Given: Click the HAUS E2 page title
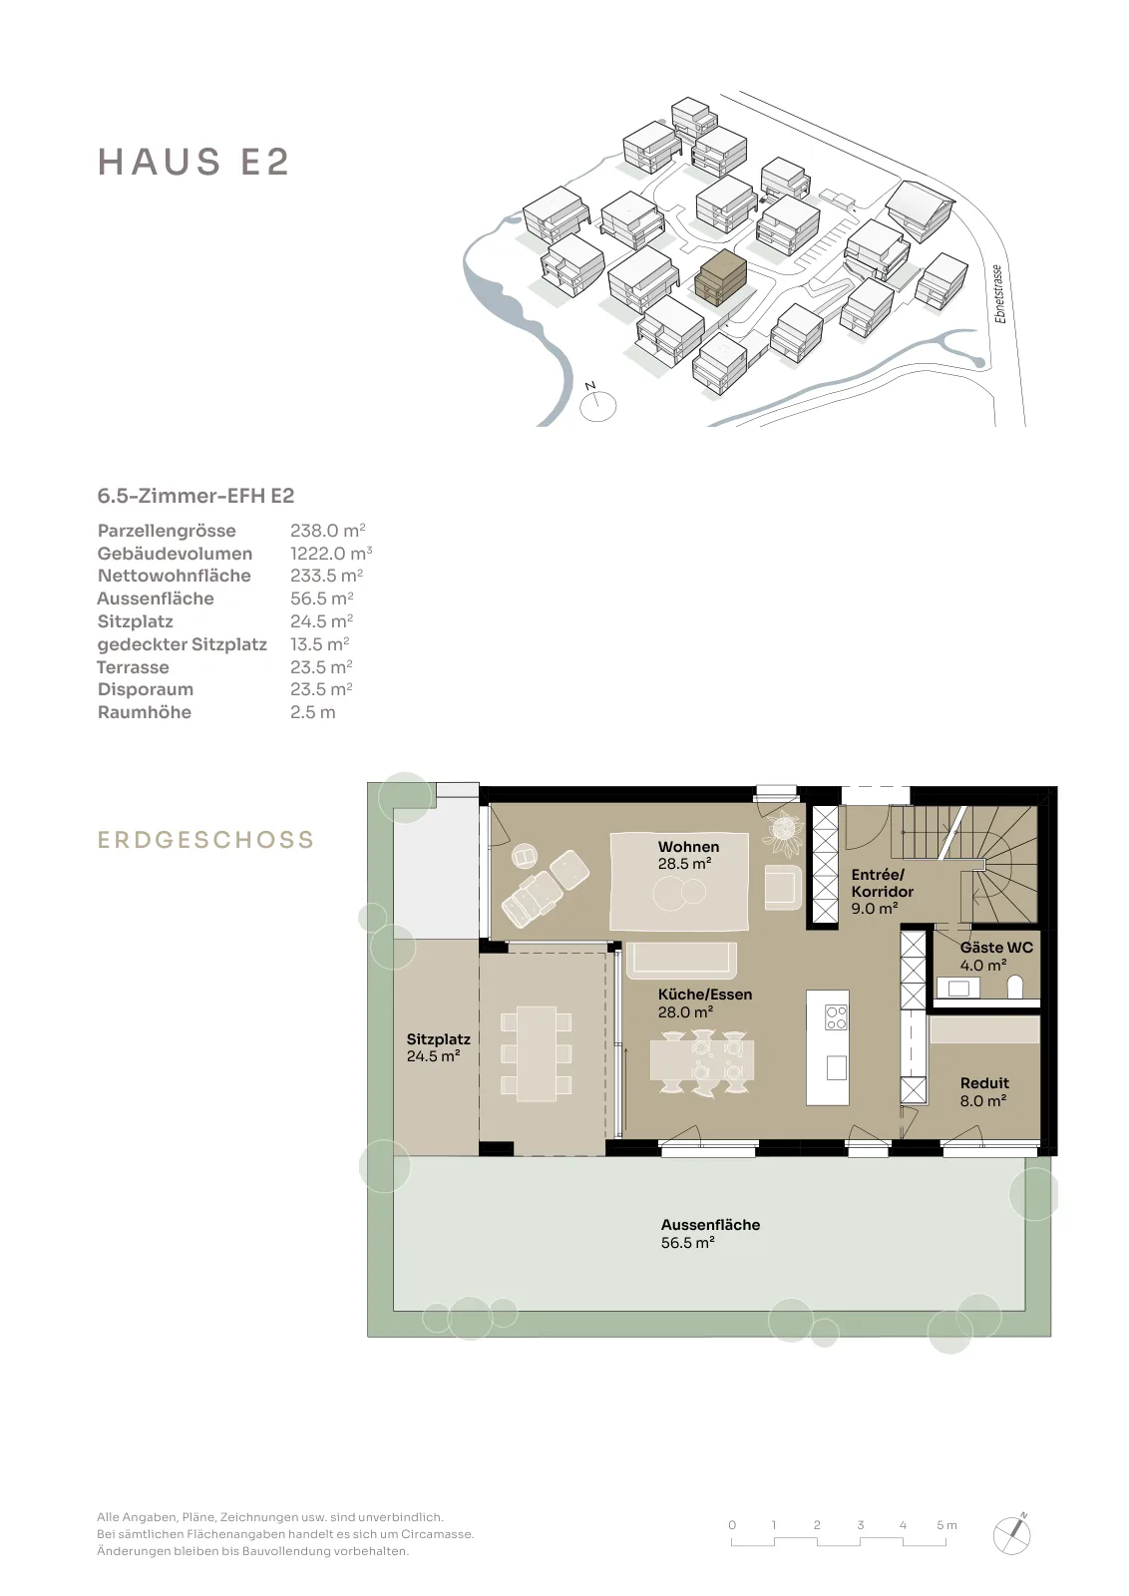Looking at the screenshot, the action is (193, 162).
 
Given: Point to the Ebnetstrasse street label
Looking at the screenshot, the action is (999, 294).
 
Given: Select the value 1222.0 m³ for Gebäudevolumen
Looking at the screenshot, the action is (331, 554).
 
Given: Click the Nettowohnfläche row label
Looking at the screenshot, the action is (174, 576).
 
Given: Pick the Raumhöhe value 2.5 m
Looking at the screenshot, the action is (313, 712).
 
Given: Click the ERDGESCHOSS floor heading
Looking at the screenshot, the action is (205, 839).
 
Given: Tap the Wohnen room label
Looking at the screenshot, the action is (688, 847).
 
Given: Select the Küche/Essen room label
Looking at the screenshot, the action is (705, 995).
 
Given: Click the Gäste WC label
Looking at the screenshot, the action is (995, 949).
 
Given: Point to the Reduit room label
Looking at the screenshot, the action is (984, 1083).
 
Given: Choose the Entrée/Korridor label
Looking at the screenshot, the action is (883, 884).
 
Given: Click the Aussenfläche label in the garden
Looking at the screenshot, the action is (710, 1225).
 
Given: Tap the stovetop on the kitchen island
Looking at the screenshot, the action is (836, 1016).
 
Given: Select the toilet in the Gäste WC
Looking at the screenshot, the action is (1015, 988).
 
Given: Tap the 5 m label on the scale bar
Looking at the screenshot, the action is (946, 1525).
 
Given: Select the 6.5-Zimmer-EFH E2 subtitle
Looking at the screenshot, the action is (195, 496).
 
